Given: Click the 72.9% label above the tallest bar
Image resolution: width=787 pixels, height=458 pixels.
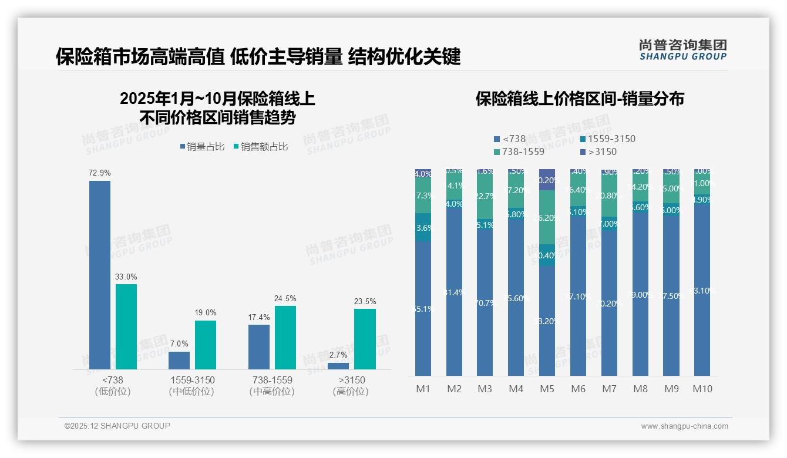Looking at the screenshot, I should point(100,173).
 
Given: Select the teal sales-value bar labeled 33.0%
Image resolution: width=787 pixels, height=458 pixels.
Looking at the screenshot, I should point(126,326).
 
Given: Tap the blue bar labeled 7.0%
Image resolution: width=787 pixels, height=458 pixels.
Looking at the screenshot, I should point(179,360).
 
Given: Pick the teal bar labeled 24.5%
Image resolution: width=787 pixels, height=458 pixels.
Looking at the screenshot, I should point(285,337).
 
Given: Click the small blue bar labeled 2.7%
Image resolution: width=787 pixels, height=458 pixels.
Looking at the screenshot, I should point(338,366).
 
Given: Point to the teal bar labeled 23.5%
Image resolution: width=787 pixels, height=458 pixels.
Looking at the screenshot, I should point(365,339).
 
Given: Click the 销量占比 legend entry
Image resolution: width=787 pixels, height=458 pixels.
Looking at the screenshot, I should point(202,147).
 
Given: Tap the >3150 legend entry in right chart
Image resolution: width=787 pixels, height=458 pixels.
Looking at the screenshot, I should point(598,152).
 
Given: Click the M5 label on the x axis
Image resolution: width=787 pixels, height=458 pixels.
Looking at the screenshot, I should point(547,389).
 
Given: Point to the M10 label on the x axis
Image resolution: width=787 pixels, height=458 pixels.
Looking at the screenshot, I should point(702,389).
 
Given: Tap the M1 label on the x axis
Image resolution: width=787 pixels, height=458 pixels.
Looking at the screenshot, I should point(423,389).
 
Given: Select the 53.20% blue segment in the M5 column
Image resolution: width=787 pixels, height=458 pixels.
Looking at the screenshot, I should point(547,321).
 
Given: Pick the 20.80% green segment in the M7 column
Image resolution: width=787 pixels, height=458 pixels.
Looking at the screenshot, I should point(609,197).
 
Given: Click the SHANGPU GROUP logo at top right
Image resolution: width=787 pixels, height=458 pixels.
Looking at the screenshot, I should point(682,50).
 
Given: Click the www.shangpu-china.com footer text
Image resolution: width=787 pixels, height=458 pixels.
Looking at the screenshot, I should point(684,426).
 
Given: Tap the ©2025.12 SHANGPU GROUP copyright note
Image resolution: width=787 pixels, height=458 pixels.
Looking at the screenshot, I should point(117,426).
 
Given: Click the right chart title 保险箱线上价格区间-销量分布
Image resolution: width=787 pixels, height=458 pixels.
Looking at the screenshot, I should point(579,99).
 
